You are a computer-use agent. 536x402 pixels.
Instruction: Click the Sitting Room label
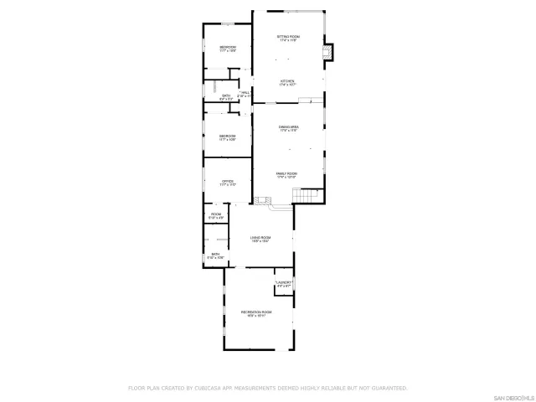tap(288, 38)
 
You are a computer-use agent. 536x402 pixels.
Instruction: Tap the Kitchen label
tap(288, 82)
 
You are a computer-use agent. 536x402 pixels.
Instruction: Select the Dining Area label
tap(289, 126)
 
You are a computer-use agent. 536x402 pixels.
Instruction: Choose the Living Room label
tap(260, 238)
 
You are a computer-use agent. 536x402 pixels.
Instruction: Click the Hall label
tap(245, 93)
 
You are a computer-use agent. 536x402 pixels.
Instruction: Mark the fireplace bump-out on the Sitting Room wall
tap(329, 53)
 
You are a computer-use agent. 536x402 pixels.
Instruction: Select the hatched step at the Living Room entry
tap(264, 201)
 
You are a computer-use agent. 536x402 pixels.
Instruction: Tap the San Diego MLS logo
tap(513, 395)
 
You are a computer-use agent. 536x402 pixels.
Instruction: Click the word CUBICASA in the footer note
tap(214, 388)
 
